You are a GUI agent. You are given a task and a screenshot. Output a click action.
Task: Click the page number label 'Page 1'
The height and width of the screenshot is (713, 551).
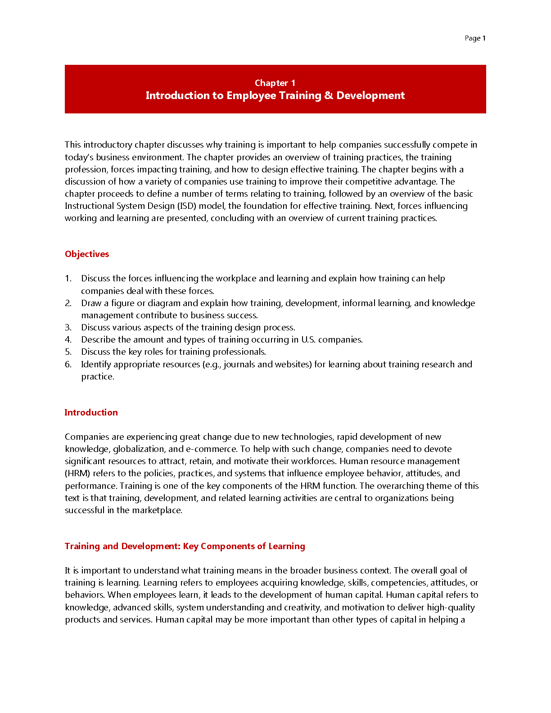[x=475, y=38]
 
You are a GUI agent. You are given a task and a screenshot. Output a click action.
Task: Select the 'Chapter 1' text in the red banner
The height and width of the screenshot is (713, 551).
[x=275, y=83]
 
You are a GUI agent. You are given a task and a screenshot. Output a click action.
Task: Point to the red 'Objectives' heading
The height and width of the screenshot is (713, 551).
[x=87, y=254]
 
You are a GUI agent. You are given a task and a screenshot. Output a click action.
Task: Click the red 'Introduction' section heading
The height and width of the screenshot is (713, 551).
[x=91, y=412]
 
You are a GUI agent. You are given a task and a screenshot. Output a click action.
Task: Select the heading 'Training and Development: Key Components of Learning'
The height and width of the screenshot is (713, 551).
[x=185, y=546]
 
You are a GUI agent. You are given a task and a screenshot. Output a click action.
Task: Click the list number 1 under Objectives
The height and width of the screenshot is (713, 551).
[x=68, y=278]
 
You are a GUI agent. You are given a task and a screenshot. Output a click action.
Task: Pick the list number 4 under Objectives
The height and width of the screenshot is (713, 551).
[x=68, y=339]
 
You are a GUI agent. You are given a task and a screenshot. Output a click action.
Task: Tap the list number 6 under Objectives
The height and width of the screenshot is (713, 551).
[x=68, y=364]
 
